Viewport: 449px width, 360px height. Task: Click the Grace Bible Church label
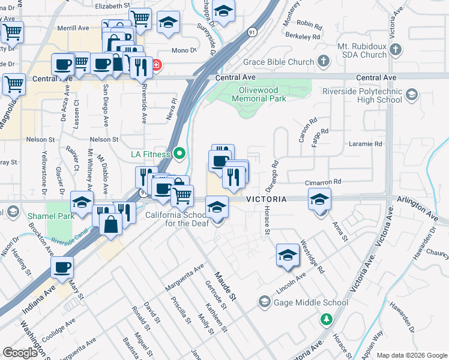tap(278, 62)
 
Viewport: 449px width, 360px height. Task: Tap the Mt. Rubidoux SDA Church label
tap(355, 50)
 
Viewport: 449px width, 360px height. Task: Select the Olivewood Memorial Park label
tap(259, 94)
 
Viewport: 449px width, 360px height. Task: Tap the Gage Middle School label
tap(310, 302)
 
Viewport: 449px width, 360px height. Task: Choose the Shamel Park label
tap(50, 215)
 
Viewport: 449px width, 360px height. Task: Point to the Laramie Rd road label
tap(366, 144)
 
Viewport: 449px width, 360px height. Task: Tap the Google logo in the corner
tap(21, 353)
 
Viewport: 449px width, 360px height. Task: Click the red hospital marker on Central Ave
tap(155, 65)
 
